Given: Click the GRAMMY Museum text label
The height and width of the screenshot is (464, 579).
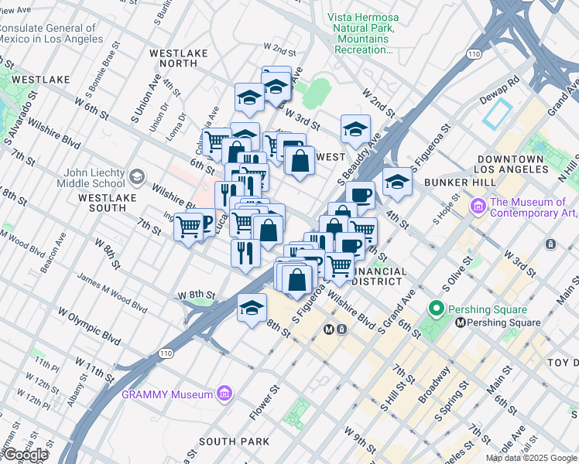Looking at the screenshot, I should pyautogui.click(x=166, y=394).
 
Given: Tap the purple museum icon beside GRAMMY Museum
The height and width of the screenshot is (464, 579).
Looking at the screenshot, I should pyautogui.click(x=225, y=394).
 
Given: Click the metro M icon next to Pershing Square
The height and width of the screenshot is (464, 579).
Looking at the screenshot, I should pyautogui.click(x=460, y=322).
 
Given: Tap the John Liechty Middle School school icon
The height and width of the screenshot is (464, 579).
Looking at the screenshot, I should pyautogui.click(x=137, y=178).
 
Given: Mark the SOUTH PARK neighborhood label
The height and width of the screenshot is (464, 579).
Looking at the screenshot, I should pyautogui.click(x=234, y=442).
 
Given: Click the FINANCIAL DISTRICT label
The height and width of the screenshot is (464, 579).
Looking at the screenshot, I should pyautogui.click(x=379, y=276).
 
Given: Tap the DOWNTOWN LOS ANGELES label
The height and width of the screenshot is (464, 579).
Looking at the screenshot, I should pyautogui.click(x=512, y=163).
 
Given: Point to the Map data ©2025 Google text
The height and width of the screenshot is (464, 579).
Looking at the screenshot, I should pyautogui.click(x=532, y=458).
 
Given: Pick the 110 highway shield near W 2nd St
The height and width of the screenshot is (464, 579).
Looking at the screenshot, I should pyautogui.click(x=473, y=53).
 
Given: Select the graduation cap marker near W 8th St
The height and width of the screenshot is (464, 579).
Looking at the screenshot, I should pyautogui.click(x=252, y=308).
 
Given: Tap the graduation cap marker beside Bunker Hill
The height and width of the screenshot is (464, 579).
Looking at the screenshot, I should pyautogui.click(x=397, y=182).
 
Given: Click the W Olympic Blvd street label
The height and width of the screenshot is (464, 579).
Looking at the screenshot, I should pyautogui.click(x=90, y=327).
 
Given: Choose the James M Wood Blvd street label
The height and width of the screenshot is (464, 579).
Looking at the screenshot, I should pyautogui.click(x=112, y=295).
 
